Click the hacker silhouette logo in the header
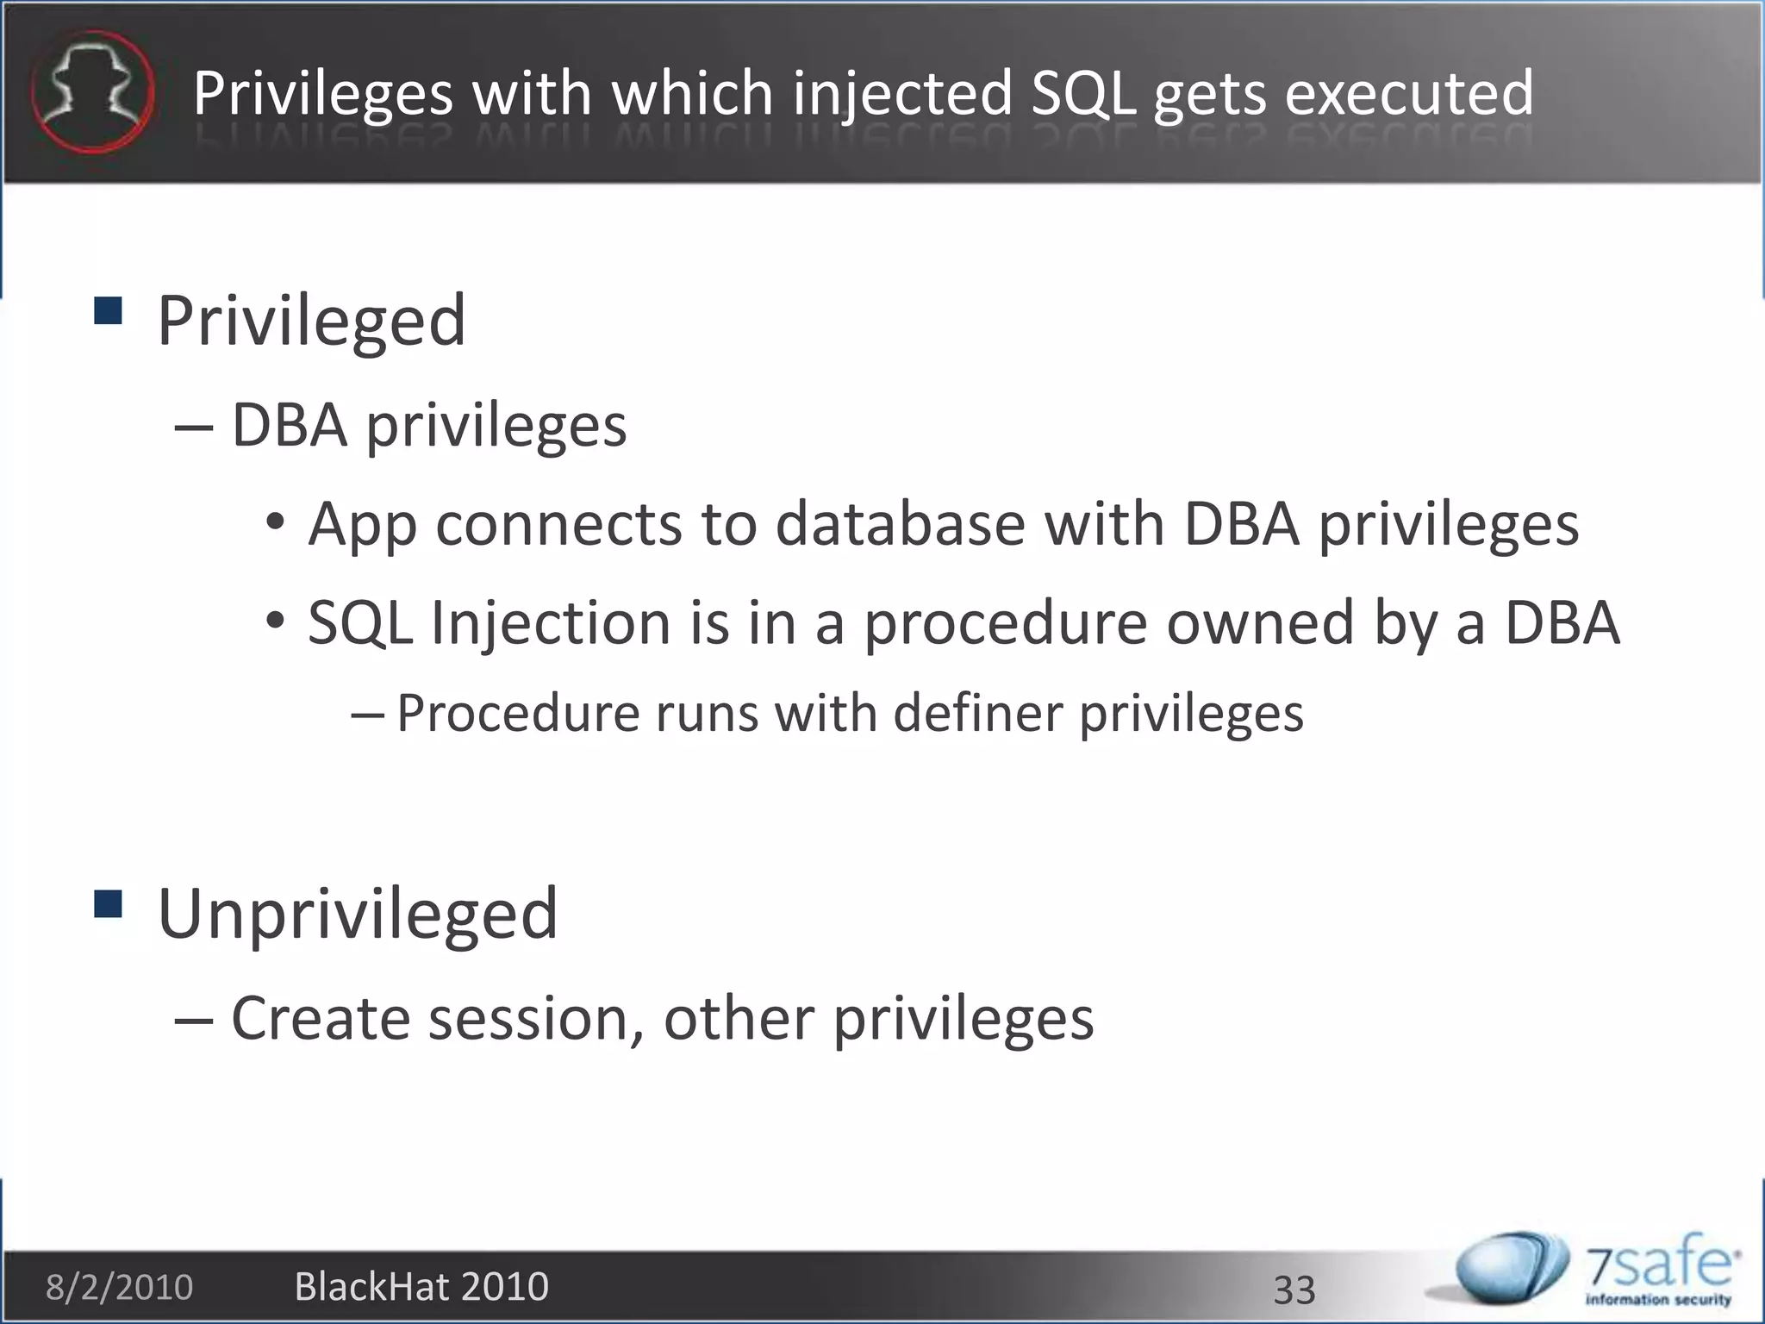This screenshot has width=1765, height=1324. coord(92,91)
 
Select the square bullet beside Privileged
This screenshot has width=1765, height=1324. coord(107,310)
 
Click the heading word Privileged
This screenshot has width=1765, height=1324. coord(311,321)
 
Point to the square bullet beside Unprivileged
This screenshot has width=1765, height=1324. coord(107,904)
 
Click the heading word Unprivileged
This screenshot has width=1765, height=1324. coord(358,914)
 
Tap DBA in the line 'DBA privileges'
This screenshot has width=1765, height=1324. coord(289,425)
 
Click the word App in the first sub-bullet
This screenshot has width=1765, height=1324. coord(362,524)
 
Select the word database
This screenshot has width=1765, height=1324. coord(900,524)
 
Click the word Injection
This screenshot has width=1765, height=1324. coord(550,622)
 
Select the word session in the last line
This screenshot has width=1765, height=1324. coord(536,1019)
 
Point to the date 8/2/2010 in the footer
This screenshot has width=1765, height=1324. coord(119,1288)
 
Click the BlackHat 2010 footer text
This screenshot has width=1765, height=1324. coord(421,1287)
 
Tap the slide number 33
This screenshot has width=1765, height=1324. coord(1294,1290)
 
